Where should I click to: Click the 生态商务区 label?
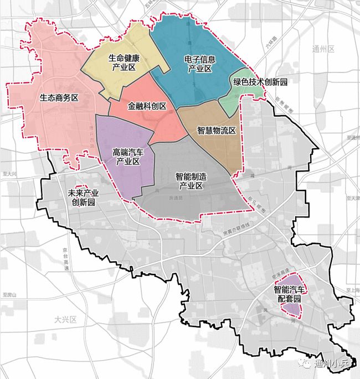click(x=59, y=98)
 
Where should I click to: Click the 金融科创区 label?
click(x=147, y=105)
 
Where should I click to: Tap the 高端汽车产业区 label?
click(x=127, y=155)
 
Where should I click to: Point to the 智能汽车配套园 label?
click(x=289, y=293)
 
